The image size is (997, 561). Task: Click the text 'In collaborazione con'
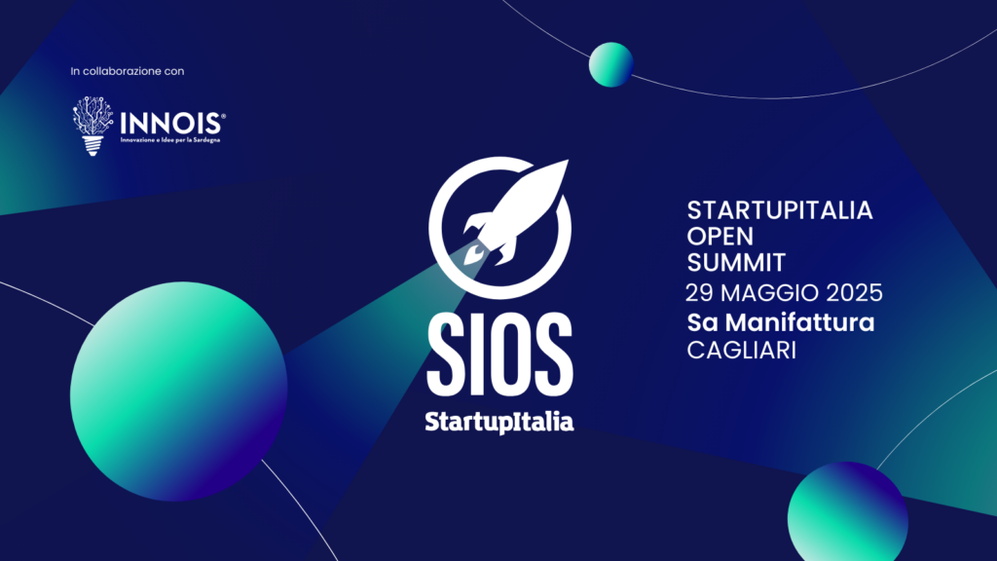tap(128, 71)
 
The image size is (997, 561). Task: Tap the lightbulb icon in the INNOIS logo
tap(92, 126)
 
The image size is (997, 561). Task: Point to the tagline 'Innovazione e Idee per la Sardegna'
tap(170, 140)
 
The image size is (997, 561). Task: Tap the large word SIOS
tap(499, 355)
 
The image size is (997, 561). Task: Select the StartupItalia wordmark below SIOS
tap(499, 423)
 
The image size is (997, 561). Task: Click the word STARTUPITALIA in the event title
tap(780, 210)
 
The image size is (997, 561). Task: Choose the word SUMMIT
tap(736, 263)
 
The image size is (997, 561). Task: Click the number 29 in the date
tap(699, 293)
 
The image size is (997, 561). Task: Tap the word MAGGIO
tap(770, 293)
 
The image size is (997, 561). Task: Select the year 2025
tap(855, 293)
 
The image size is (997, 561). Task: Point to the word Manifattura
tap(800, 322)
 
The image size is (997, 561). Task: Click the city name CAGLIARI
tap(741, 351)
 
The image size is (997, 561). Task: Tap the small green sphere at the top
tap(611, 64)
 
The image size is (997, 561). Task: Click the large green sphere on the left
tap(179, 392)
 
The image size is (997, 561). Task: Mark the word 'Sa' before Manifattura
tap(703, 322)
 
